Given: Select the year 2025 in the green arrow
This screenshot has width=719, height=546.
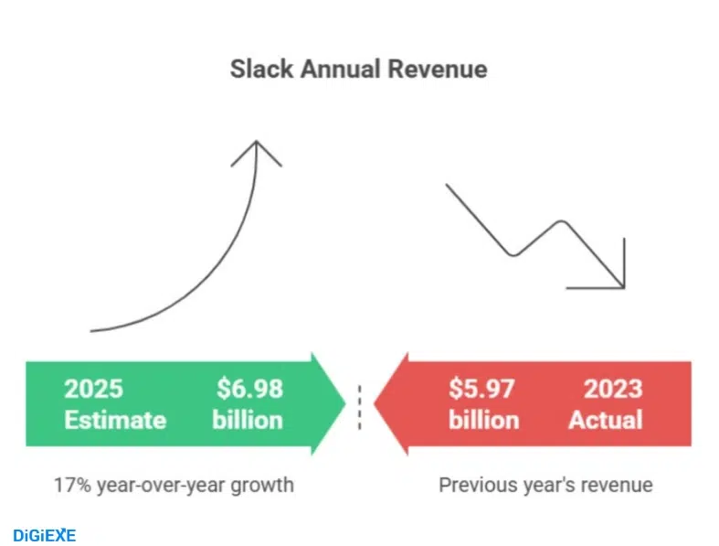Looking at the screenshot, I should pos(93,389).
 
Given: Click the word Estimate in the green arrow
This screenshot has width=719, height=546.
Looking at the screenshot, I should pos(115,420).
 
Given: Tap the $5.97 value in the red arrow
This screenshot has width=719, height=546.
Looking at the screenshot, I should pos(481,389).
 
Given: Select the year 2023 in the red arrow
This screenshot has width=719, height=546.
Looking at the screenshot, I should pos(613,389).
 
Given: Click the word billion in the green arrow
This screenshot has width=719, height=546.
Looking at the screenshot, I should pos(248,420).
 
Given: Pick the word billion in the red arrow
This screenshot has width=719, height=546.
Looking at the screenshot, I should pos(483,420).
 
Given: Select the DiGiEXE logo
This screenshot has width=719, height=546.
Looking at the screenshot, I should pos(45,535).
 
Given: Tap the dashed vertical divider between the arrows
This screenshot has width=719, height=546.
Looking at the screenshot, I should pos(359,405).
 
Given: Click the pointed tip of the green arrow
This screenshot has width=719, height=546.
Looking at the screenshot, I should pos(344,403).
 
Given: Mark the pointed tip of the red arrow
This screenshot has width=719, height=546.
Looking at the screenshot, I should pos(375,403).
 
